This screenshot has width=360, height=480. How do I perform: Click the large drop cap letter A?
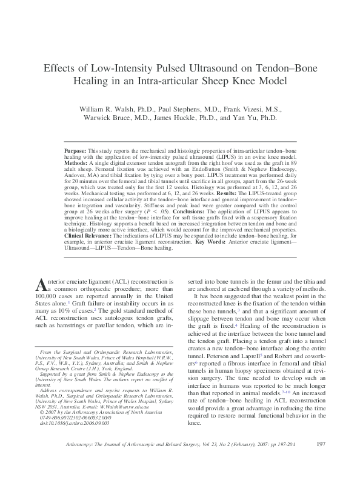40,285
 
